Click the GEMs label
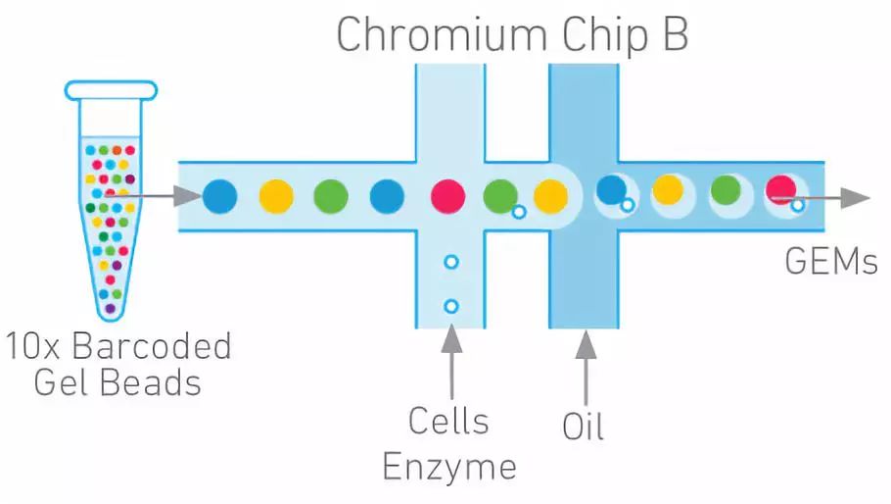[x=830, y=263]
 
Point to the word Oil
[x=584, y=427]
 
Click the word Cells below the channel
[x=448, y=422]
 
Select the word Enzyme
[x=448, y=466]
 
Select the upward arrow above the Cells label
[x=450, y=358]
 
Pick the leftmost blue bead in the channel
[x=220, y=196]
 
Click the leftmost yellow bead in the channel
[x=276, y=196]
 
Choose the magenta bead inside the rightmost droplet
[x=780, y=188]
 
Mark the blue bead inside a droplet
[x=612, y=189]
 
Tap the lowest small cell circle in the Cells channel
[x=450, y=306]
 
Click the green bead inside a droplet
[x=726, y=189]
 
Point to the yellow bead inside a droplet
[x=668, y=189]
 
